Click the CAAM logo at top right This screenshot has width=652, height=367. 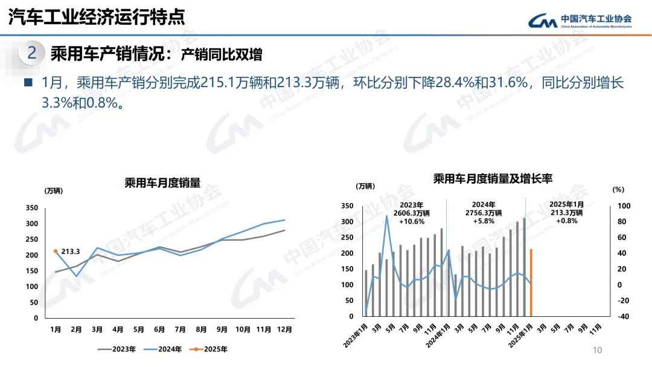click(x=580, y=21)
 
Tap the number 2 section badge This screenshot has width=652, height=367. click(x=33, y=53)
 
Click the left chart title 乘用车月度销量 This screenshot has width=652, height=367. click(x=162, y=183)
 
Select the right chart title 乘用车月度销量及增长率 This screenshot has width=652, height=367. click(x=493, y=178)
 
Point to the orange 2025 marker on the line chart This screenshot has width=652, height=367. click(x=56, y=251)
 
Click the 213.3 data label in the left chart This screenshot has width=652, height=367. click(x=71, y=251)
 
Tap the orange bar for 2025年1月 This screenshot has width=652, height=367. click(x=531, y=282)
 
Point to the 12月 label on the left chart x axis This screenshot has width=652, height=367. click(x=285, y=330)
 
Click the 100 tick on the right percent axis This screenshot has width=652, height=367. click(x=624, y=206)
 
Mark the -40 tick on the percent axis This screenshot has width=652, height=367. click(x=624, y=316)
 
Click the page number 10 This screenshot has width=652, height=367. click(x=598, y=350)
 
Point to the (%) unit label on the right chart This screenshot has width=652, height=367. click(x=618, y=189)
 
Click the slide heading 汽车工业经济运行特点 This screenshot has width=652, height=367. click(x=97, y=17)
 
